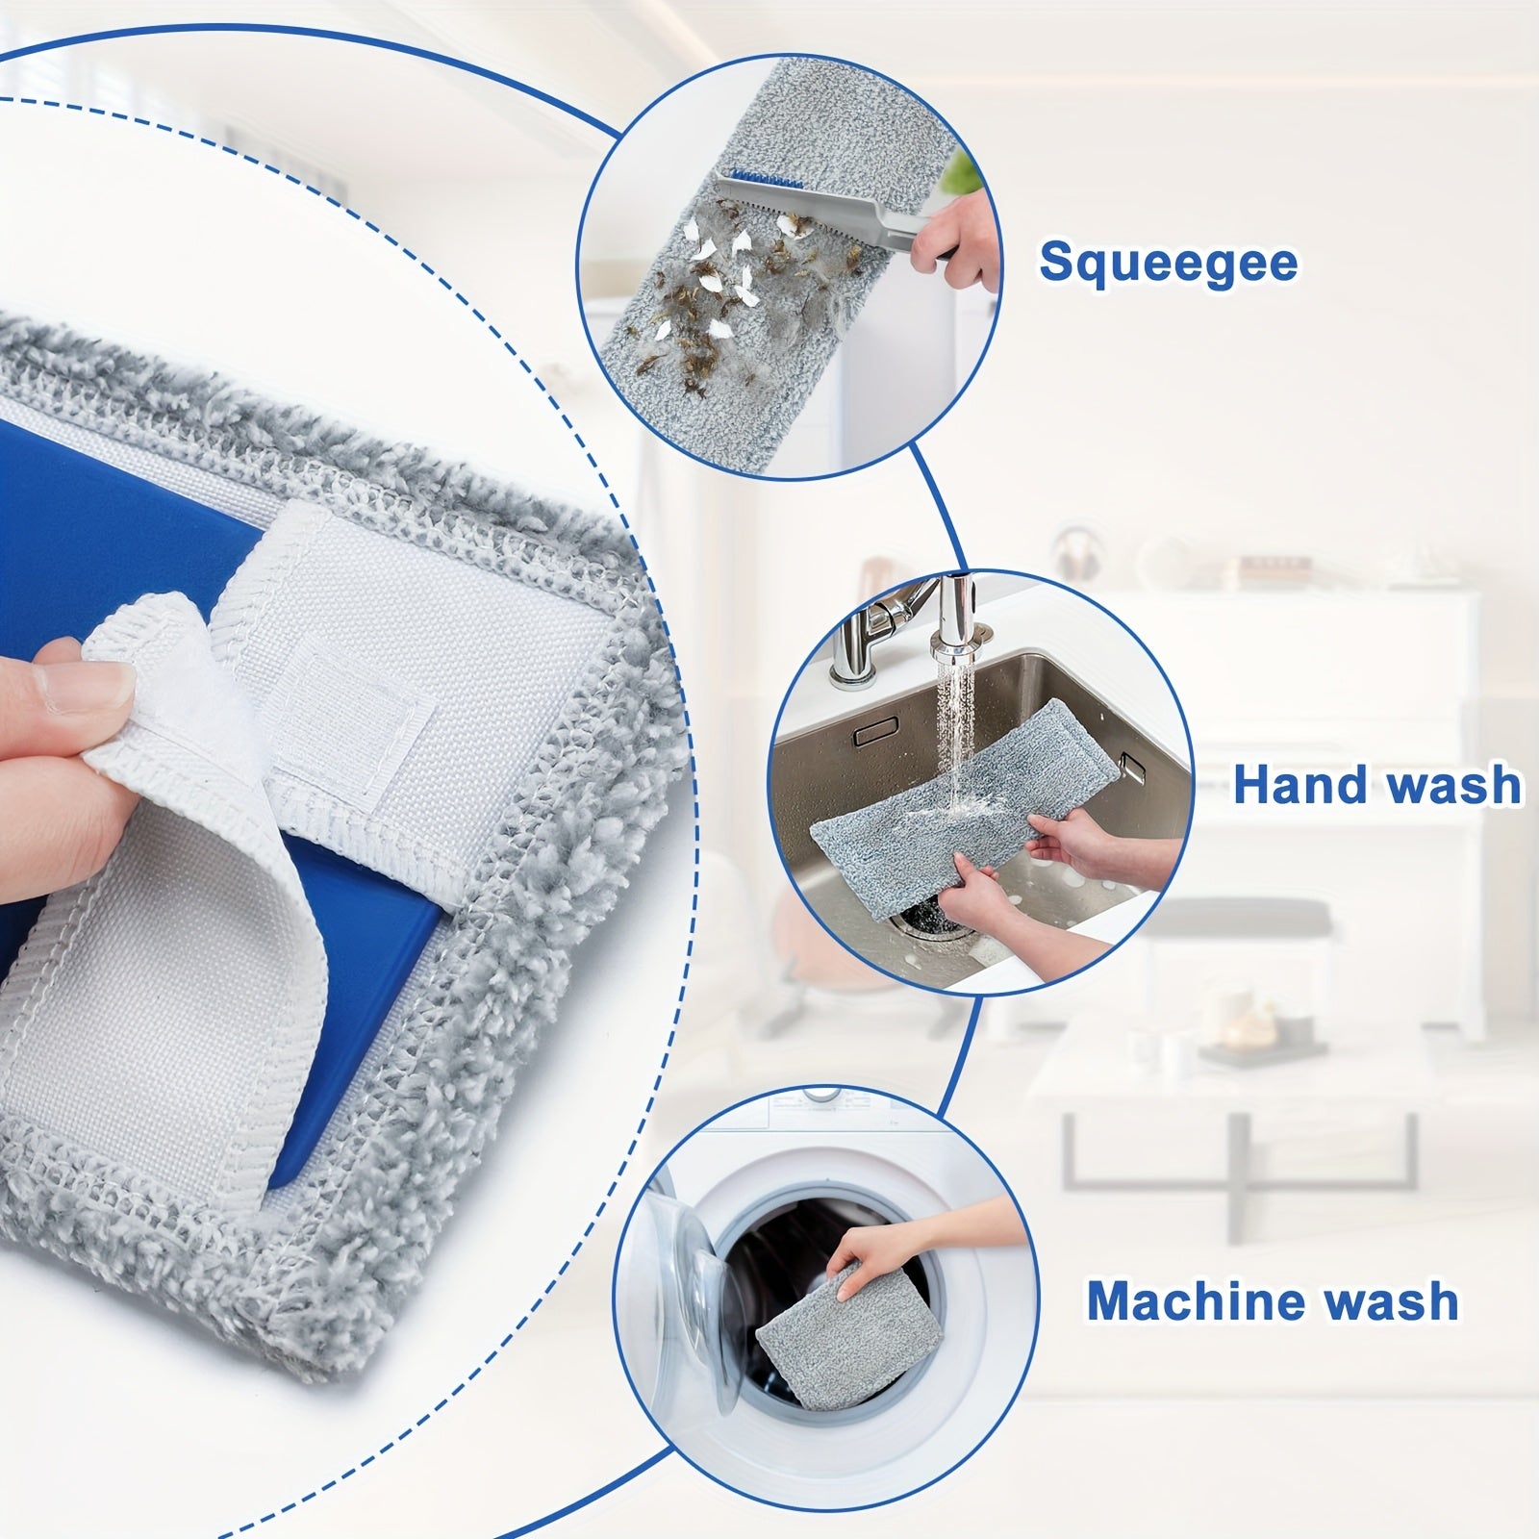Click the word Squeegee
pos(1169,263)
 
